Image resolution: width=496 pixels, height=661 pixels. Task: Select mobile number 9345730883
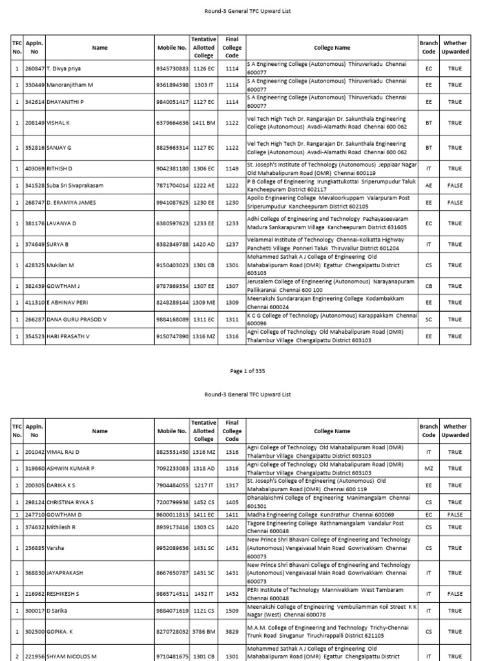click(172, 68)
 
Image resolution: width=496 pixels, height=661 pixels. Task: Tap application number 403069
click(35, 168)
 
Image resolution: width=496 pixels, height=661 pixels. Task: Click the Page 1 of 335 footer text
click(248, 371)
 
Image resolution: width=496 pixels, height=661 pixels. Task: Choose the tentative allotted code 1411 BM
click(203, 123)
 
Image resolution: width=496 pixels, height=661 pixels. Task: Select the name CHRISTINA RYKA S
click(70, 502)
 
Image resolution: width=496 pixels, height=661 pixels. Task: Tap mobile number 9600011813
click(172, 514)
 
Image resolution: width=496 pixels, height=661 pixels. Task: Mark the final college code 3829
click(232, 632)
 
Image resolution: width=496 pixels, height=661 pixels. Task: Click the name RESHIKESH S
click(63, 593)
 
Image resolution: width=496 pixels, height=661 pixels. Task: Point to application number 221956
click(35, 656)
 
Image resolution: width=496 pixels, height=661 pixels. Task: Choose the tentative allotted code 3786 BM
click(203, 632)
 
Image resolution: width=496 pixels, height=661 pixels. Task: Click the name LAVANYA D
click(61, 223)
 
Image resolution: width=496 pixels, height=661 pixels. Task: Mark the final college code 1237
click(232, 244)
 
